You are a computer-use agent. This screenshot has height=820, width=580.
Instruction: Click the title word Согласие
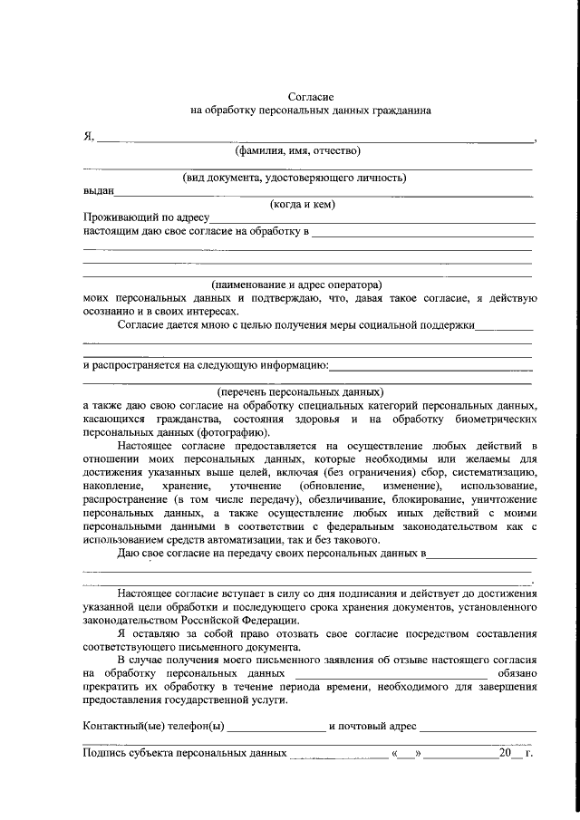tap(311, 96)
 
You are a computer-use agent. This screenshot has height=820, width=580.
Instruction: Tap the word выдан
tap(98, 191)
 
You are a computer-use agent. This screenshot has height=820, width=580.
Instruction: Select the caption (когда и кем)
tap(303, 205)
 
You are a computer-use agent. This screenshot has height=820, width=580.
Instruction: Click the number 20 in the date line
tap(504, 753)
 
